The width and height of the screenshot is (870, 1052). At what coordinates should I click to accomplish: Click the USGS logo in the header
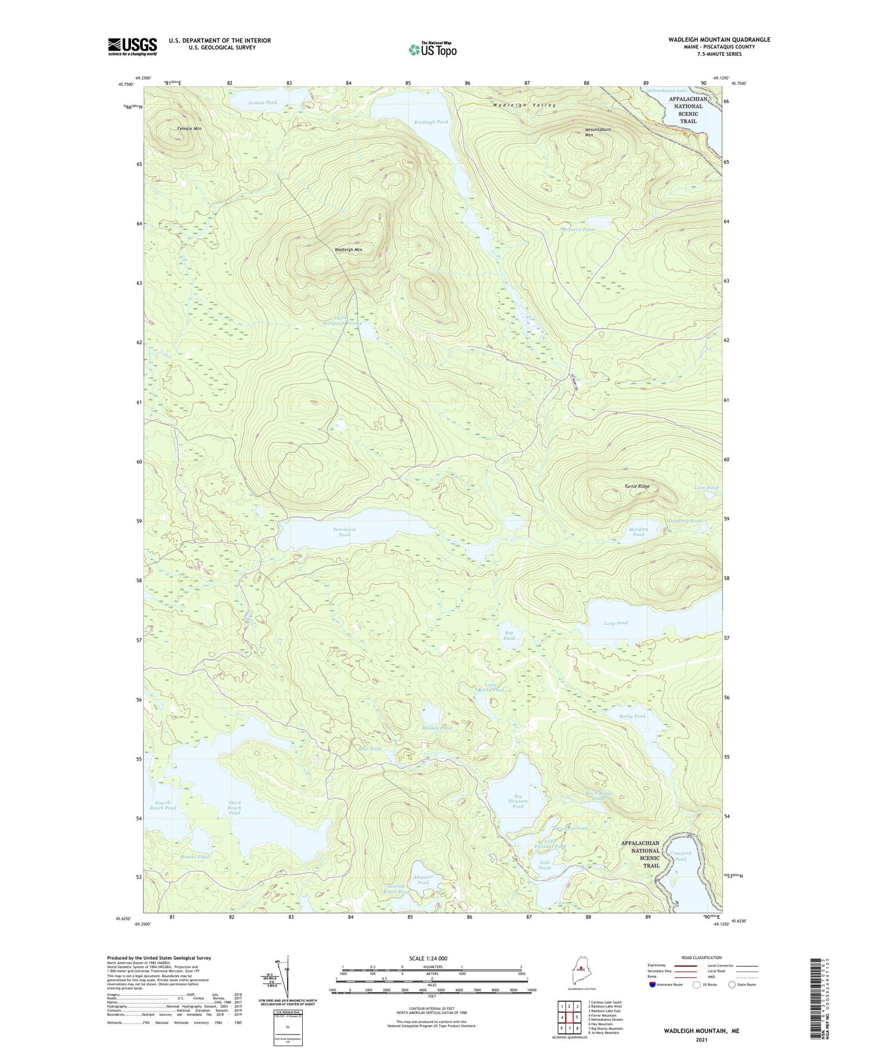(x=132, y=46)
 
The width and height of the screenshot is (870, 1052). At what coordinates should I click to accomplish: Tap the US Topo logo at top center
(x=433, y=49)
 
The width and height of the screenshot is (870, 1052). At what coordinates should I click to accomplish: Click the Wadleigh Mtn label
(x=348, y=250)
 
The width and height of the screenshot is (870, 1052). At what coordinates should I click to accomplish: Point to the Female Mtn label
(x=190, y=128)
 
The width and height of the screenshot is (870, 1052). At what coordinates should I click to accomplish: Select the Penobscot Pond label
(x=345, y=532)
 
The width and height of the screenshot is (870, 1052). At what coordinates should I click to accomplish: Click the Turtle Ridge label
(x=637, y=486)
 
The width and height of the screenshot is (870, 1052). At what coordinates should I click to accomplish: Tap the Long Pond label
(x=615, y=623)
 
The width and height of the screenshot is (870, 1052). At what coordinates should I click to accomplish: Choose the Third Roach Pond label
(x=234, y=808)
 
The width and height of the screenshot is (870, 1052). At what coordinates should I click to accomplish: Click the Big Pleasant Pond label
(x=518, y=801)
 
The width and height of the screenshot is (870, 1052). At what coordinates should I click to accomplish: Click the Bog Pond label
(x=509, y=635)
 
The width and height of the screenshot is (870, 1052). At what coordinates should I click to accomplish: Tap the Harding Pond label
(x=638, y=532)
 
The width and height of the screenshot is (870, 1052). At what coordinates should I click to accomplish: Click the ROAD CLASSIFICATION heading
(x=702, y=957)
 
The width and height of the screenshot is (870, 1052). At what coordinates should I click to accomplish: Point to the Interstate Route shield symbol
(x=652, y=985)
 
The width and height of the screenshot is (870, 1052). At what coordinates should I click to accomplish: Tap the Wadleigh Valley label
(x=524, y=105)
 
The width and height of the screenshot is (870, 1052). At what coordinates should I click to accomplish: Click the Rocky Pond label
(x=632, y=716)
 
